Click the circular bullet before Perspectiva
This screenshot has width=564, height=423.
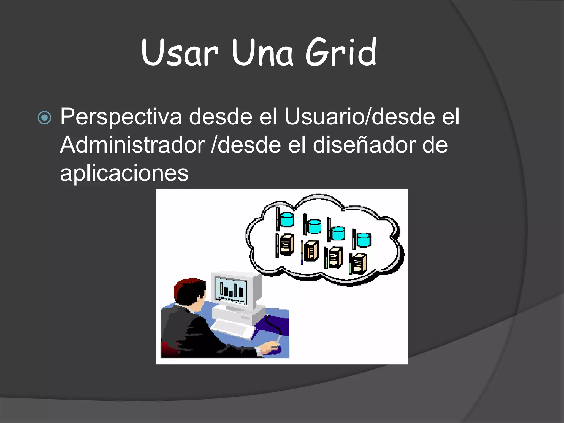(44, 118)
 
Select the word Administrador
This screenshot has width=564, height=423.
(132, 145)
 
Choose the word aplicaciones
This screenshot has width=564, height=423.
(124, 173)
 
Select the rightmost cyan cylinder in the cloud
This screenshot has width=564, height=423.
(364, 239)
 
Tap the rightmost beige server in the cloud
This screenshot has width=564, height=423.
(359, 264)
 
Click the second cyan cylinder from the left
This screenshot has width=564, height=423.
(314, 226)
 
